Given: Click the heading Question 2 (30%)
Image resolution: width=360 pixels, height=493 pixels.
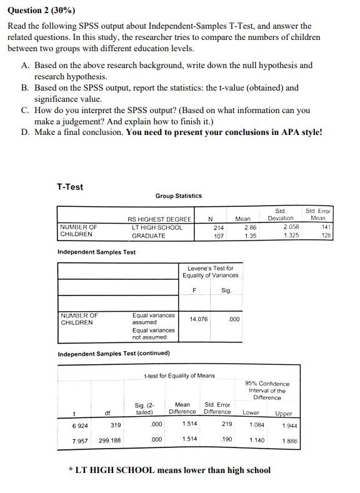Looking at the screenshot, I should point(41,11).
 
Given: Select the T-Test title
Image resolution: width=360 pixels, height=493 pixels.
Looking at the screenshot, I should point(69,187).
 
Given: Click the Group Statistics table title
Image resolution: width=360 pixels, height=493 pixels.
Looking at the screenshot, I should point(178,196).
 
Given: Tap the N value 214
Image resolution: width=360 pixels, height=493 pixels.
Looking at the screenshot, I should point(219,227).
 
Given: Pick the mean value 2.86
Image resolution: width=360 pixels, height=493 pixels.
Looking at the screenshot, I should point(249,227).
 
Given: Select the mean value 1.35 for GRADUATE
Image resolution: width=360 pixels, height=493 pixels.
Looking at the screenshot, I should point(249,236).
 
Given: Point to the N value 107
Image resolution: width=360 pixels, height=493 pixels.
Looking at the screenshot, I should point(219,236).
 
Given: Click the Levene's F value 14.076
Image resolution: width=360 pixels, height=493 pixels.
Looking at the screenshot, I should point(198,319).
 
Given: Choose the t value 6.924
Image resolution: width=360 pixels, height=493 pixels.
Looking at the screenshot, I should point(79,424).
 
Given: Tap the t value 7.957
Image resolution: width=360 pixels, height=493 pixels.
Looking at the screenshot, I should point(79,439).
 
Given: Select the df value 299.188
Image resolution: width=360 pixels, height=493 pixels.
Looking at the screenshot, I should point(109,439).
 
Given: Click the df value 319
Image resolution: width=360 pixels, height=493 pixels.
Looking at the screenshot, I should point(115,424).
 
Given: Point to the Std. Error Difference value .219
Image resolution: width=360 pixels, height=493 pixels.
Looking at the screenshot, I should point(226,424).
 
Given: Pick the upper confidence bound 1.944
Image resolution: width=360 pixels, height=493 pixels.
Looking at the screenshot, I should point(289,425).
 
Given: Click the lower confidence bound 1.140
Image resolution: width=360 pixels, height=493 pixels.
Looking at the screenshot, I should point(256,439).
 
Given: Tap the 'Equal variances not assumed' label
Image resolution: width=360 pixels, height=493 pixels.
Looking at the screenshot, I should point(153,334).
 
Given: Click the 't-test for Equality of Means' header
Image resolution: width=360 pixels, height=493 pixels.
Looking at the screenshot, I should point(179,376).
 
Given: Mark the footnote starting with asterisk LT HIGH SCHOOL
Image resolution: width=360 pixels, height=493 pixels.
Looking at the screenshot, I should point(169,470).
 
